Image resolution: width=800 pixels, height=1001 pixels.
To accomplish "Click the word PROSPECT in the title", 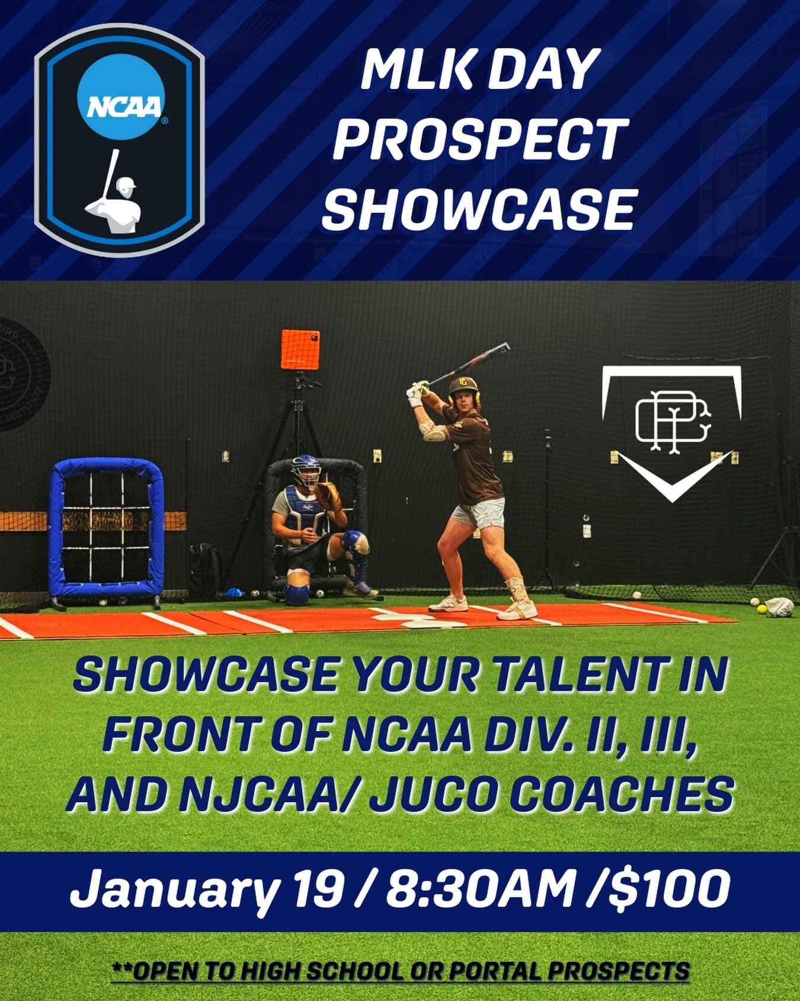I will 479,138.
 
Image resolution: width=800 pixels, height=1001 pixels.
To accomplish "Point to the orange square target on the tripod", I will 300,350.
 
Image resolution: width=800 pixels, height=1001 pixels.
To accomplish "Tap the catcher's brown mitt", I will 328,496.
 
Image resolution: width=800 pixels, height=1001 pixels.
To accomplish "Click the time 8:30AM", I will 480,890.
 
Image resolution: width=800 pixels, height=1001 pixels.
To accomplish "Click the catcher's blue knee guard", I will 296,593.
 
